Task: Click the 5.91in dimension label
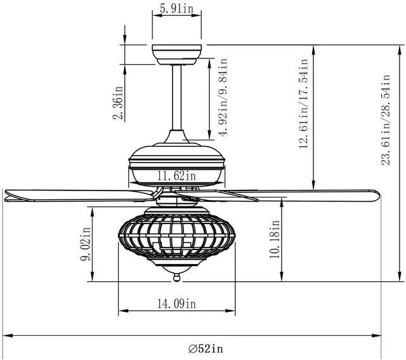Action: point(176,8)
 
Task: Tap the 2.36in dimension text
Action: point(118,103)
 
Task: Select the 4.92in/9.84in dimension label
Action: point(223,97)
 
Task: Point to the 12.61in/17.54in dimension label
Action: point(303,103)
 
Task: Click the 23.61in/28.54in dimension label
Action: point(385,119)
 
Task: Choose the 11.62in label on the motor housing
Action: point(176,176)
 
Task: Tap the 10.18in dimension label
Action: point(275,239)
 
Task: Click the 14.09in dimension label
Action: point(176,303)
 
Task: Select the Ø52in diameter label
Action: point(206,349)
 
